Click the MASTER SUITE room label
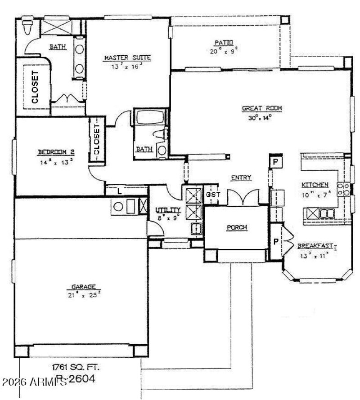tap(127, 58)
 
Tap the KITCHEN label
tap(315, 185)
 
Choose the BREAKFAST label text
tap(315, 246)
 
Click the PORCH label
tap(237, 227)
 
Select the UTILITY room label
tap(168, 210)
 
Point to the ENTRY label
tap(241, 178)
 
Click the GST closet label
tap(211, 195)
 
